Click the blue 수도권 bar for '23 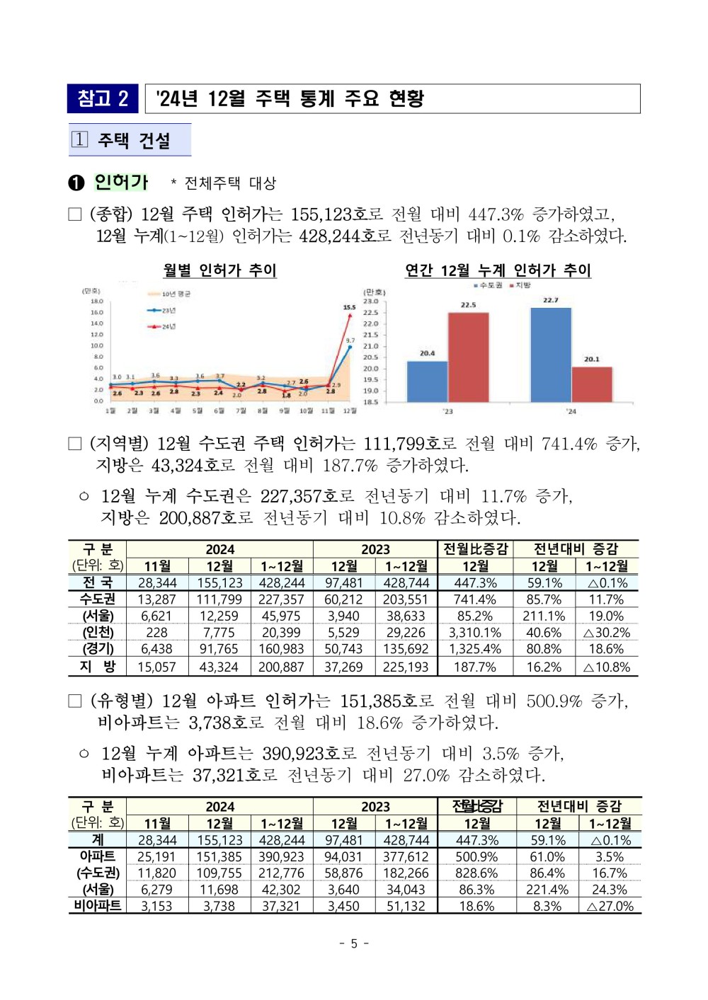tap(427, 381)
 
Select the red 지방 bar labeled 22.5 tap(468, 357)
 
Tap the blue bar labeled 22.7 tap(551, 355)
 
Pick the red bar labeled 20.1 tap(592, 384)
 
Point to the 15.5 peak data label tap(349, 308)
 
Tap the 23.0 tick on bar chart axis tap(370, 301)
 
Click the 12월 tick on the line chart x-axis tap(350, 411)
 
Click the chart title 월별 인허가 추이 tap(219, 270)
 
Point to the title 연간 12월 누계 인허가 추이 tap(498, 270)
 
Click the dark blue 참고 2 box tap(103, 99)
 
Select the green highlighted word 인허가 tap(121, 183)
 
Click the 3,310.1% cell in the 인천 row tap(475, 633)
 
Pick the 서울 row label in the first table tap(98, 616)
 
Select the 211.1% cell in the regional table tap(544, 616)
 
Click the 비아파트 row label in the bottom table tap(98, 906)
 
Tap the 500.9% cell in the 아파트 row tap(476, 857)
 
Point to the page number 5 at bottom tap(354, 943)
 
